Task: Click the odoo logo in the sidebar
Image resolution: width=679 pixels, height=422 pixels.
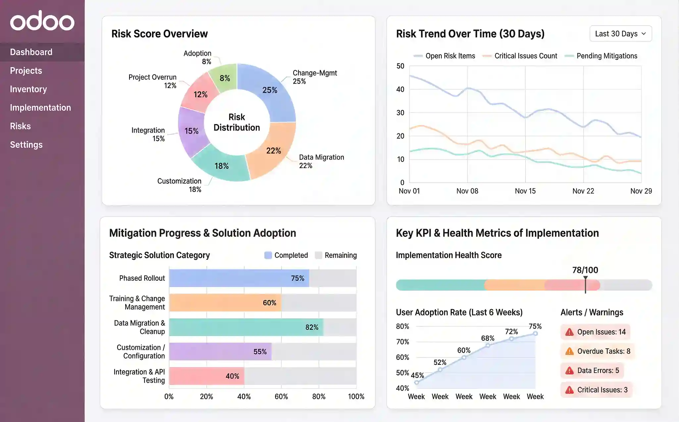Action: pyautogui.click(x=42, y=21)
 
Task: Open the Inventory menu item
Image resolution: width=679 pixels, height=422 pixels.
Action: pyautogui.click(x=28, y=89)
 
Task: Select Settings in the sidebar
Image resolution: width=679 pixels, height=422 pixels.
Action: pyautogui.click(x=26, y=145)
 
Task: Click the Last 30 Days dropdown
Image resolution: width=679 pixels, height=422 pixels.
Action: pyautogui.click(x=620, y=34)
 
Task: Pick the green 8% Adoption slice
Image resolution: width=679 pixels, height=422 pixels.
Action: pyautogui.click(x=224, y=78)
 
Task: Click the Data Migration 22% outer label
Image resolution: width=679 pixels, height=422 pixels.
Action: pyautogui.click(x=321, y=161)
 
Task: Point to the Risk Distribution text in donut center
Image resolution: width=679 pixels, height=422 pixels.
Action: pyautogui.click(x=236, y=122)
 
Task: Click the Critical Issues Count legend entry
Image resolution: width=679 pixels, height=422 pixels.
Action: pyautogui.click(x=525, y=56)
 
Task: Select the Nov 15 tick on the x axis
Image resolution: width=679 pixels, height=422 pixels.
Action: pyautogui.click(x=525, y=191)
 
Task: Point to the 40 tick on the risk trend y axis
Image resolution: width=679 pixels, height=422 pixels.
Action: pyautogui.click(x=400, y=89)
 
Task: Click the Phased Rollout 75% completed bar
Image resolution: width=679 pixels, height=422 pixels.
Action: pyautogui.click(x=238, y=278)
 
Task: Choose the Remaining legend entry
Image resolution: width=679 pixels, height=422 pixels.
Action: pyautogui.click(x=340, y=255)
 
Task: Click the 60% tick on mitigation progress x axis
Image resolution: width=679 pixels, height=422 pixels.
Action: pyautogui.click(x=281, y=397)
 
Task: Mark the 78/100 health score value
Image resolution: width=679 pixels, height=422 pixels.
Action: pyautogui.click(x=585, y=270)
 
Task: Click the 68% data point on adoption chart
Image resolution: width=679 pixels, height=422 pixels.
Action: pyautogui.click(x=488, y=346)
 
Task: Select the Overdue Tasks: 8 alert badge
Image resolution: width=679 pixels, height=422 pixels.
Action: pyautogui.click(x=597, y=351)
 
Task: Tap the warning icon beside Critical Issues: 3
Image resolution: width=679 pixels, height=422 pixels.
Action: pyautogui.click(x=569, y=390)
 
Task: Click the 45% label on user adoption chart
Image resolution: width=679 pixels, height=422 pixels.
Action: pyautogui.click(x=417, y=375)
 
